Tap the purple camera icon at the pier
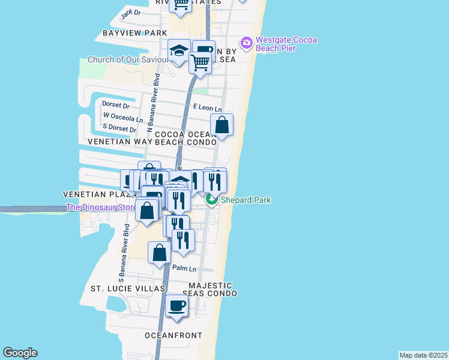coord(246,43)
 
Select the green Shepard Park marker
coord(212,200)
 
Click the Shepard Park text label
coord(246,200)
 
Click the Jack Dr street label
coord(130,12)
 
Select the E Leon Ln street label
coord(207,108)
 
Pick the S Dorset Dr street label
coord(121,128)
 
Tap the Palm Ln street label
coord(184,268)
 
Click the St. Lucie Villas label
coord(127,289)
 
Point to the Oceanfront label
coord(173,335)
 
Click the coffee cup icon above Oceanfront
coord(177,306)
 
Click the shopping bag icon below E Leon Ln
coord(221,125)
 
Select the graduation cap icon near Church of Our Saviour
coord(179,50)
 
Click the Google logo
coord(20,353)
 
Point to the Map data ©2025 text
coord(424,355)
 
